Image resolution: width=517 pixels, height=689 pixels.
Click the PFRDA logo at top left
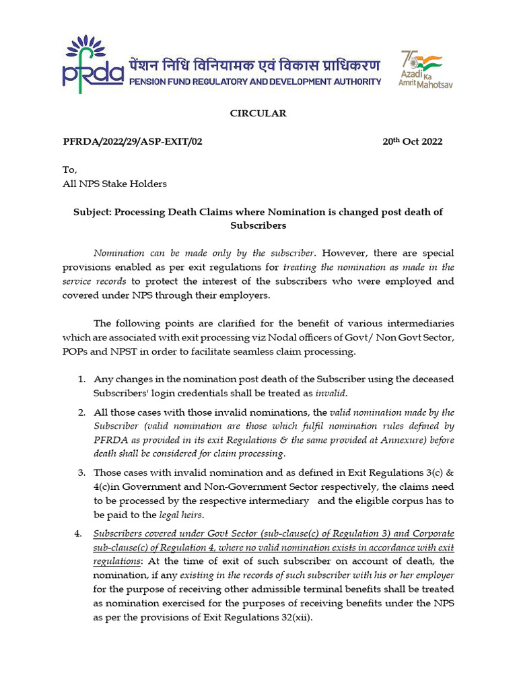click(92, 63)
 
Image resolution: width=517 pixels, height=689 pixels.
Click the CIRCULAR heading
click(258, 113)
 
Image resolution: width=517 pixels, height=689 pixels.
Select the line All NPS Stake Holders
click(114, 184)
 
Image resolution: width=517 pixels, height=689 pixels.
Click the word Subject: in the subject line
click(92, 212)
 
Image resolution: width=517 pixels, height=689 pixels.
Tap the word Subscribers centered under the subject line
click(258, 225)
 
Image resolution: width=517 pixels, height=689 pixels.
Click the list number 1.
click(81, 379)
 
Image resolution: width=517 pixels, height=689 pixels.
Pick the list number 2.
click(81, 412)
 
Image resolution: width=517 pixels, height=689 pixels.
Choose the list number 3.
click(81, 472)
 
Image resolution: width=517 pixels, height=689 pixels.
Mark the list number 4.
click(77, 534)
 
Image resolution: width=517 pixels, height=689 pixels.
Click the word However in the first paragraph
click(343, 253)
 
